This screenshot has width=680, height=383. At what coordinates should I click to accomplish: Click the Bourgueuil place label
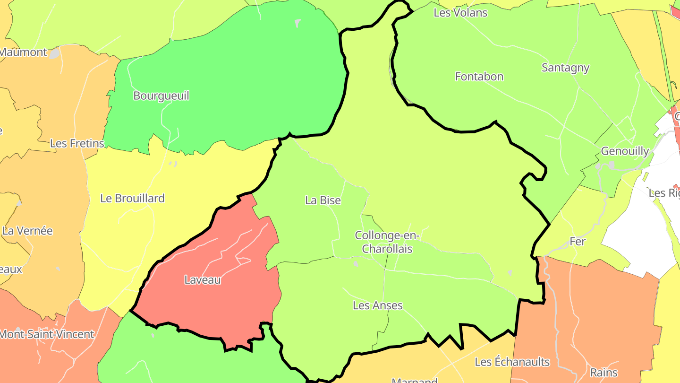coord(161,96)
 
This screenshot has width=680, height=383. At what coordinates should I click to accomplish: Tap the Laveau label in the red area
coord(203,280)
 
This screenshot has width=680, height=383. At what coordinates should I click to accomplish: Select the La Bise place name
coord(323,200)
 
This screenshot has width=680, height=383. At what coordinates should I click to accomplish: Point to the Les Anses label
coord(378,305)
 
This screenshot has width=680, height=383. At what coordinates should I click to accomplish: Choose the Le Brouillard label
coord(132,199)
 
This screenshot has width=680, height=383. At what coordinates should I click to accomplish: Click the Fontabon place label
coord(479,77)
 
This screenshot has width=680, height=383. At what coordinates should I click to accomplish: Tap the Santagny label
coord(565,68)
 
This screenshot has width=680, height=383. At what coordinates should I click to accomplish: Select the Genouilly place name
coord(624,151)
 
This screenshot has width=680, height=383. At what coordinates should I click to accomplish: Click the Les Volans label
coord(460,13)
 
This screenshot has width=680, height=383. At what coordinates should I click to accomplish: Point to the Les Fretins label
coord(77,143)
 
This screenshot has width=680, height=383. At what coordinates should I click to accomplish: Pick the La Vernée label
coord(27,231)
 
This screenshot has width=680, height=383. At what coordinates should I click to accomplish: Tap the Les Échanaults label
coord(512,362)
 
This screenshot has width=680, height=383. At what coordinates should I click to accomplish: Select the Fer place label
coord(577,242)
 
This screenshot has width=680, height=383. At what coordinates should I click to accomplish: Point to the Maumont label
coord(24,52)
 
